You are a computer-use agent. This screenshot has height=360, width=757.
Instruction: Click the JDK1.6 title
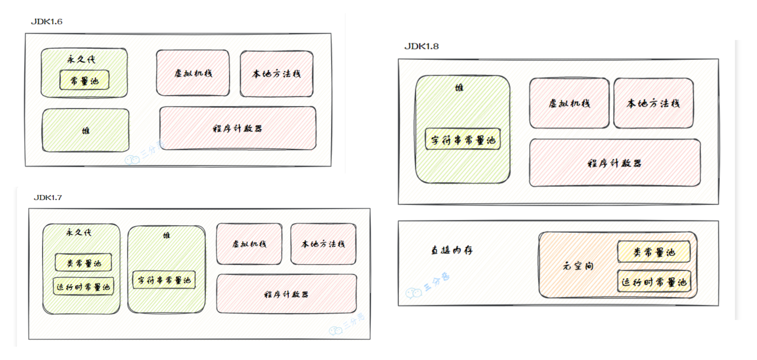47,22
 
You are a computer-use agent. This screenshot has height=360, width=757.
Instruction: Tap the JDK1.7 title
48,198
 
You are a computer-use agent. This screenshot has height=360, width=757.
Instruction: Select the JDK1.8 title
421,46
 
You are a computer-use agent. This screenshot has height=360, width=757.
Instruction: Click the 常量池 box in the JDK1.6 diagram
84,80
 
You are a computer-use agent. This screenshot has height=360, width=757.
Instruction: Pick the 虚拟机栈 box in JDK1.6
193,73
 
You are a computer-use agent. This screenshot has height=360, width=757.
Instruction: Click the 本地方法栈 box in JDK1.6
277,74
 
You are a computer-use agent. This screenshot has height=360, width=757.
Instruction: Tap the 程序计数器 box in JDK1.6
238,128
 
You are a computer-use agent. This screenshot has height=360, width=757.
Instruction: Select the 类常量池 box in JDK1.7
83,263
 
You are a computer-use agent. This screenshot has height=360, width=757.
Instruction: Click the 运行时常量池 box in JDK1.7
83,287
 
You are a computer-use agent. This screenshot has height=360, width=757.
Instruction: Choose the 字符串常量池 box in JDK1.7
164,280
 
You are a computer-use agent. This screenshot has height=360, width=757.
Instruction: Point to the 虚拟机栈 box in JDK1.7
249,244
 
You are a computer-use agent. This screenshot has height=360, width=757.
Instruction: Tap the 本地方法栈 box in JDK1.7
323,244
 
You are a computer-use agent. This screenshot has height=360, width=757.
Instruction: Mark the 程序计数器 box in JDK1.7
287,294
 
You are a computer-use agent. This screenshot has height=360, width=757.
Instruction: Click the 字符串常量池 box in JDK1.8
463,139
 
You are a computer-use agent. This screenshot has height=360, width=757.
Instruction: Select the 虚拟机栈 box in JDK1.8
569,103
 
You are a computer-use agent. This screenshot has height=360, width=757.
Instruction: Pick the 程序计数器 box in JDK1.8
615,163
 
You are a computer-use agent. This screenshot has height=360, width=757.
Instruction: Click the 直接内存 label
452,250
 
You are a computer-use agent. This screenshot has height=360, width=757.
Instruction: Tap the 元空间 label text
578,266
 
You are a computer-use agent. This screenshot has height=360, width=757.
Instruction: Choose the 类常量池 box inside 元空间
654,252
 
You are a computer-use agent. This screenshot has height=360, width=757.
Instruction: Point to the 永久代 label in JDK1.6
81,59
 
